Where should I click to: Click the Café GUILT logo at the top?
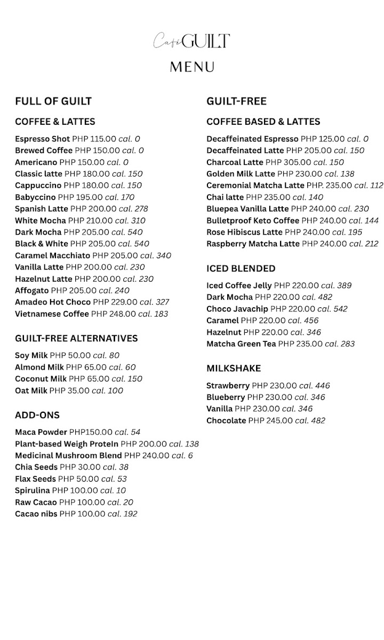192,41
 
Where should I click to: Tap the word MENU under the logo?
192,67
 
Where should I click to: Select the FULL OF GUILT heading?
53,101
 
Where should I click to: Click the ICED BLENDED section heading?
241,268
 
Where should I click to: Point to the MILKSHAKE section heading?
234,369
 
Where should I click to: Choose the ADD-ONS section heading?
37,415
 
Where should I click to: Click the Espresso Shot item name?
42,139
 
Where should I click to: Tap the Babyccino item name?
35,197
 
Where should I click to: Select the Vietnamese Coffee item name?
52,314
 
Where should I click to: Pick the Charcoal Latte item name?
235,162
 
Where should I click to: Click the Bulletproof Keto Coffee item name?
253,221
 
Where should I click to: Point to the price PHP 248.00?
114,314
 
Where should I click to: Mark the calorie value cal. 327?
155,302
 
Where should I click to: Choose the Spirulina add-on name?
33,491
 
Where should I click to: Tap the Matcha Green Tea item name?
241,344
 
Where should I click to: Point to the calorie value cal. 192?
122,514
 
